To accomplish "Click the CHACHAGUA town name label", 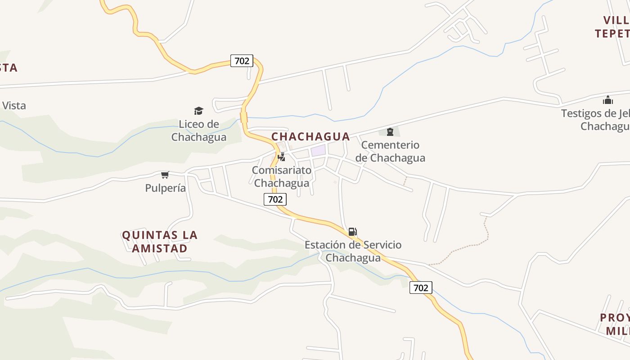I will click(x=310, y=136).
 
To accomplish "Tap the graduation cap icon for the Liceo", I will click(x=198, y=111).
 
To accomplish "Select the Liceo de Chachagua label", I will click(x=198, y=130).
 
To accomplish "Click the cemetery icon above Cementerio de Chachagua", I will click(x=390, y=132).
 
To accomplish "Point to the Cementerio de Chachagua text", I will click(x=390, y=151).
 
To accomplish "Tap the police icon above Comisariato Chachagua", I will click(x=282, y=157).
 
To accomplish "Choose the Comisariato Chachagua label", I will click(x=282, y=177).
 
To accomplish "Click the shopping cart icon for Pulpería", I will click(x=165, y=175).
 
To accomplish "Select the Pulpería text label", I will click(x=165, y=188).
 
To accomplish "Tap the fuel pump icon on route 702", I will click(x=352, y=232).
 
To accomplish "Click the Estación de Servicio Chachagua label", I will click(x=353, y=251).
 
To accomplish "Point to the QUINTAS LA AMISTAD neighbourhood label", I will click(x=160, y=242).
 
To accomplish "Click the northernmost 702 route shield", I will click(x=242, y=61).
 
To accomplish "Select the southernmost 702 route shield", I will click(x=421, y=288).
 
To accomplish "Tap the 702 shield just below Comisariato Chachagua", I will click(x=275, y=199).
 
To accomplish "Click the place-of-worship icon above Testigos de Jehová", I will click(x=608, y=100).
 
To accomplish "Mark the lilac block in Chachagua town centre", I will click(x=318, y=150).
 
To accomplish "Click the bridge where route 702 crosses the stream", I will click(x=244, y=118).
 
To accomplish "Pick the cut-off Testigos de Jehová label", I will click(x=595, y=119).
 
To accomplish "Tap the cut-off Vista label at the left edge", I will click(x=13, y=106).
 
